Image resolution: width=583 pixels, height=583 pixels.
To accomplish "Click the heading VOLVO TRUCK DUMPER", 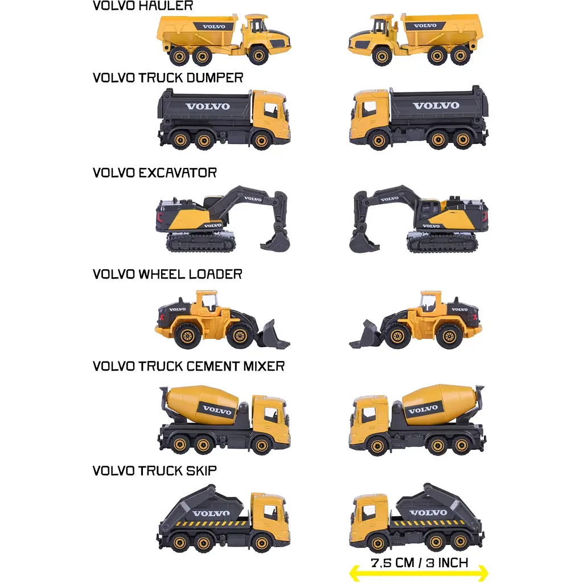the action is (x=168, y=77).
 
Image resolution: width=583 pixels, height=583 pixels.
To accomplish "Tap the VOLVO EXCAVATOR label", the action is (x=155, y=173).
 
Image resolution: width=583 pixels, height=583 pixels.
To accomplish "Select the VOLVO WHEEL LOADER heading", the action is (x=167, y=274).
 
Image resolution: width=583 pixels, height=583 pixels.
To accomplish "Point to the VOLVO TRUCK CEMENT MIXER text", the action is (x=188, y=366).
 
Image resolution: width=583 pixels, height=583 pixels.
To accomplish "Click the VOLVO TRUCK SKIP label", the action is (x=155, y=470).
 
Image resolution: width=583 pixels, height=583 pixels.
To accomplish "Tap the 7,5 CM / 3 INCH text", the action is (x=420, y=563).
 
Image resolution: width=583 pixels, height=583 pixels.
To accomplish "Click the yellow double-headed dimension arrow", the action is (x=418, y=574).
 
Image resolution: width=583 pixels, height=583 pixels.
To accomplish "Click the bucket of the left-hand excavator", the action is (x=276, y=241).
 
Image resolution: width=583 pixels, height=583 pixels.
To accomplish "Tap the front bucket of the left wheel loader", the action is (x=274, y=335).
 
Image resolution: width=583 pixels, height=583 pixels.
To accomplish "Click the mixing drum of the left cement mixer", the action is (x=202, y=404).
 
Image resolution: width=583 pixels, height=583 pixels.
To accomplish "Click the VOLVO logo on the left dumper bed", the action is (x=207, y=106).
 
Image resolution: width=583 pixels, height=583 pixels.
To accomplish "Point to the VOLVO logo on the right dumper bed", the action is (x=436, y=105).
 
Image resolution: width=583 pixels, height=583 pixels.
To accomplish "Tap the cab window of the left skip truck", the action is (x=270, y=512).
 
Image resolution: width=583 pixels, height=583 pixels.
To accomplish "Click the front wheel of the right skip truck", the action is (x=378, y=543).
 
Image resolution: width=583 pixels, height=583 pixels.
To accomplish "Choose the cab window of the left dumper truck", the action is (x=270, y=110).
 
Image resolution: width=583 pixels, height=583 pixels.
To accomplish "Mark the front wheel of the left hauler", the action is (x=258, y=55).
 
